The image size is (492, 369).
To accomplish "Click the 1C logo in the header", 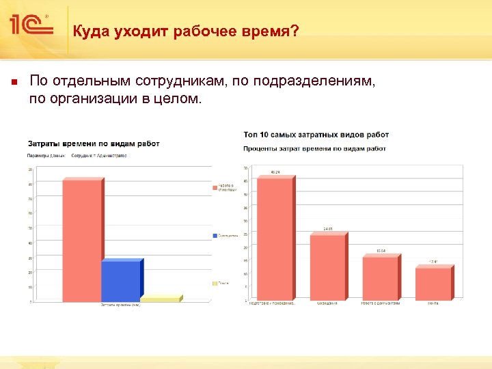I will coord(31,26).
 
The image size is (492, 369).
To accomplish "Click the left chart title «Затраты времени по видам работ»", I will coord(94,143).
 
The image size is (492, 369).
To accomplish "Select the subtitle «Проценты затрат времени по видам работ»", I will coord(314,148).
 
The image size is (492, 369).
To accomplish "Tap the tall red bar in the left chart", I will coord(82,239).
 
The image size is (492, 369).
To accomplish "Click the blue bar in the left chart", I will coord(121,281).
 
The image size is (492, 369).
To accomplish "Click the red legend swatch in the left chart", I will coord(215,187).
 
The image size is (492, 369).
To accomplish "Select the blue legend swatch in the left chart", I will coord(215,235).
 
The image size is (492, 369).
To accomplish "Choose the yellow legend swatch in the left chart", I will coord(215,283).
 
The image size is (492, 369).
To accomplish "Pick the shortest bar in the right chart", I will coord(433,284).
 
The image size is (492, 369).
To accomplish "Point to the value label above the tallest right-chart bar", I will coord(276,172).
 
